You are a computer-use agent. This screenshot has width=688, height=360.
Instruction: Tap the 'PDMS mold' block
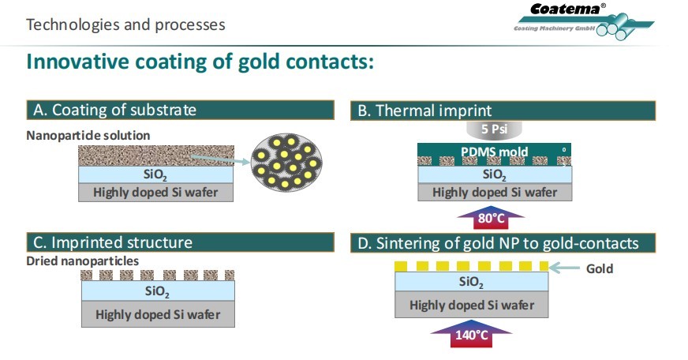(495, 152)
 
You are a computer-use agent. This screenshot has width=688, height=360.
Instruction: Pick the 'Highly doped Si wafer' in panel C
(159, 313)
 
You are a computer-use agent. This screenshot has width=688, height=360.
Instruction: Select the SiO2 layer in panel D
(471, 283)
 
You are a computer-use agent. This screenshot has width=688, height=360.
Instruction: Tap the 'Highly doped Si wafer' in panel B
(495, 192)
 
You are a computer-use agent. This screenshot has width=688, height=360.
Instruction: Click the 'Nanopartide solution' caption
(88, 135)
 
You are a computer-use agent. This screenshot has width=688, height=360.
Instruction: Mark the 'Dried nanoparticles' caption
(82, 261)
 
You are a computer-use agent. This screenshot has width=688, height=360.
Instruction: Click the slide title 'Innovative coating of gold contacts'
(200, 61)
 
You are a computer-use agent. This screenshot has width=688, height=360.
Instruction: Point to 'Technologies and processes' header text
(125, 24)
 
